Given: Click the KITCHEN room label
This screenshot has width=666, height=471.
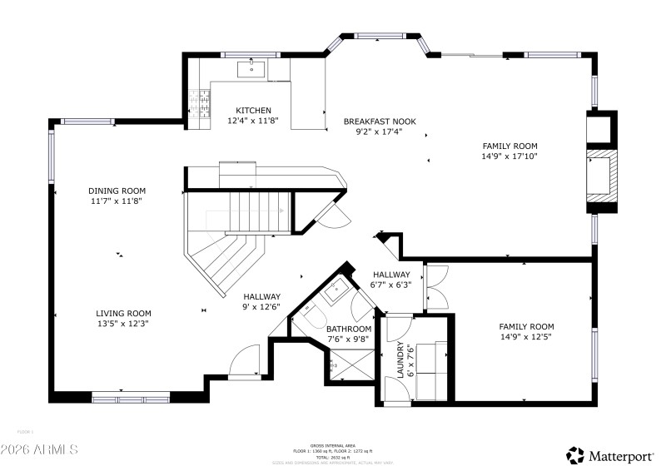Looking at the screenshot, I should tap(253, 111).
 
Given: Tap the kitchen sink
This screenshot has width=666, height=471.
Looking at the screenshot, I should tap(251, 67).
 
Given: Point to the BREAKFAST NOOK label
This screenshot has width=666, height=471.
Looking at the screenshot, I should tap(380, 121).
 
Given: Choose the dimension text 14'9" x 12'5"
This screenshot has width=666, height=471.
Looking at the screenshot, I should tap(526, 338).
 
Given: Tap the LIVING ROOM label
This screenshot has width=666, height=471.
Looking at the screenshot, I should tap(122, 314).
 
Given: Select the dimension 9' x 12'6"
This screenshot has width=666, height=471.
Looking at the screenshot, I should tap(261, 307).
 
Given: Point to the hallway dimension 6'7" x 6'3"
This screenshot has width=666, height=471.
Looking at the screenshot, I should tap(391, 285).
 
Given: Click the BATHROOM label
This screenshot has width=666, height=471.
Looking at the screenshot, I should tap(349, 329).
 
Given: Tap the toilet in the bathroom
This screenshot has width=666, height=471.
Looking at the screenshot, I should tap(311, 316).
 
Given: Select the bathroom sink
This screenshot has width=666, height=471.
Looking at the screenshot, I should tap(336, 290).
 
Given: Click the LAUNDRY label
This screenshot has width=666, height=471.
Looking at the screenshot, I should tap(400, 359).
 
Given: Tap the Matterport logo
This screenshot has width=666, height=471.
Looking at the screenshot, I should tap(611, 454).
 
